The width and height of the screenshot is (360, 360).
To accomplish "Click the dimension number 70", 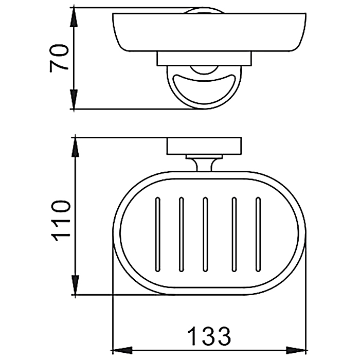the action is pyautogui.click(x=59, y=58).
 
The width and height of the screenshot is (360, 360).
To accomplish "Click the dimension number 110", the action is pyautogui.click(x=61, y=221).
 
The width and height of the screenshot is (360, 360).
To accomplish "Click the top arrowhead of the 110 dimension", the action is pyautogui.click(x=75, y=148).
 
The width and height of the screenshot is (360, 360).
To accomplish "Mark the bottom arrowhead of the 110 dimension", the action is pyautogui.click(x=75, y=284).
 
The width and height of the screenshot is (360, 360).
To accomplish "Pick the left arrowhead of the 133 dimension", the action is pyautogui.click(x=122, y=351).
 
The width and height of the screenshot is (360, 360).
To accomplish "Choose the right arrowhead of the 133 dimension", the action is pyautogui.click(x=297, y=351).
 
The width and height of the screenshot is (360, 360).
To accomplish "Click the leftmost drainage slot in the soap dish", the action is pyautogui.click(x=158, y=234).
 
